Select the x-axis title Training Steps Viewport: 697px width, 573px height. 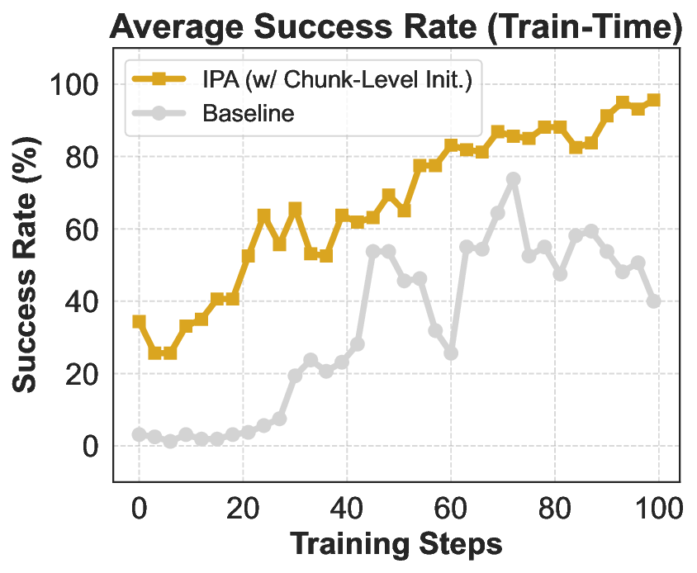396,545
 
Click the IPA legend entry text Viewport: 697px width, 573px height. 336,80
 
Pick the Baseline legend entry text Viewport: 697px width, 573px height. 248,113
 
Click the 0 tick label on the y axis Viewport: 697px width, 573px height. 91,447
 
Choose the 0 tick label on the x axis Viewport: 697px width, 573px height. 139,506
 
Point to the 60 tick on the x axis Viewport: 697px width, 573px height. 451,506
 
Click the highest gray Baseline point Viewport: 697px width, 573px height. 513,179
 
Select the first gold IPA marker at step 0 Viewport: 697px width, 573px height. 139,321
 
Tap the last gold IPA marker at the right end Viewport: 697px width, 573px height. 654,100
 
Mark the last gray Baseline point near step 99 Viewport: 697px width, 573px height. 654,301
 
